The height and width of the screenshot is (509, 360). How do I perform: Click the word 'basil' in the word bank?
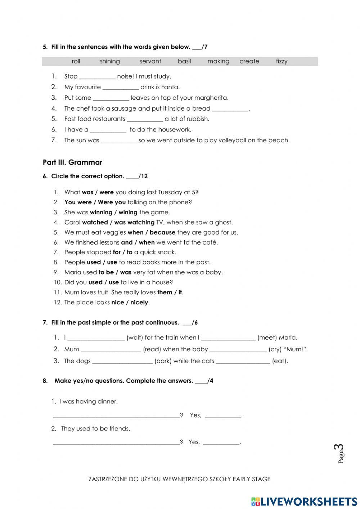(184, 61)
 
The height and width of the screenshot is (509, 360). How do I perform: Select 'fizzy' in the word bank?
(282, 61)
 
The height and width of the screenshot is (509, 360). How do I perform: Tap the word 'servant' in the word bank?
(150, 61)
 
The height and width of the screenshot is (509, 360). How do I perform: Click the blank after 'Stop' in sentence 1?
(97, 77)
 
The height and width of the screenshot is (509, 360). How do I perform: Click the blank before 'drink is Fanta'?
(121, 87)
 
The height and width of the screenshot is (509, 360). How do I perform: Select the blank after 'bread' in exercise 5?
(230, 109)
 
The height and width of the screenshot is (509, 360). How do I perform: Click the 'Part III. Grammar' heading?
(72, 162)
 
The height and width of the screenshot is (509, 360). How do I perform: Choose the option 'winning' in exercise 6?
(101, 213)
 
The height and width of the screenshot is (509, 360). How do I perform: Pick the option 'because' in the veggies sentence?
(162, 233)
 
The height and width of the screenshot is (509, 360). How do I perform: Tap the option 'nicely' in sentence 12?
(139, 303)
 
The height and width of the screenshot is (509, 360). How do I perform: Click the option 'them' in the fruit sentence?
(165, 293)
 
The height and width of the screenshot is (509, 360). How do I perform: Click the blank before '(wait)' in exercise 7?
(96, 338)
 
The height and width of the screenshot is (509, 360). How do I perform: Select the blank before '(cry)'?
(238, 350)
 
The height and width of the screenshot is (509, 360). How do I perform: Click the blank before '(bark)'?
(122, 361)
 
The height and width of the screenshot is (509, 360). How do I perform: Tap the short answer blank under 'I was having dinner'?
(223, 416)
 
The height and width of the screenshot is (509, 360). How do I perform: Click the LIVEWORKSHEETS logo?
(304, 501)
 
